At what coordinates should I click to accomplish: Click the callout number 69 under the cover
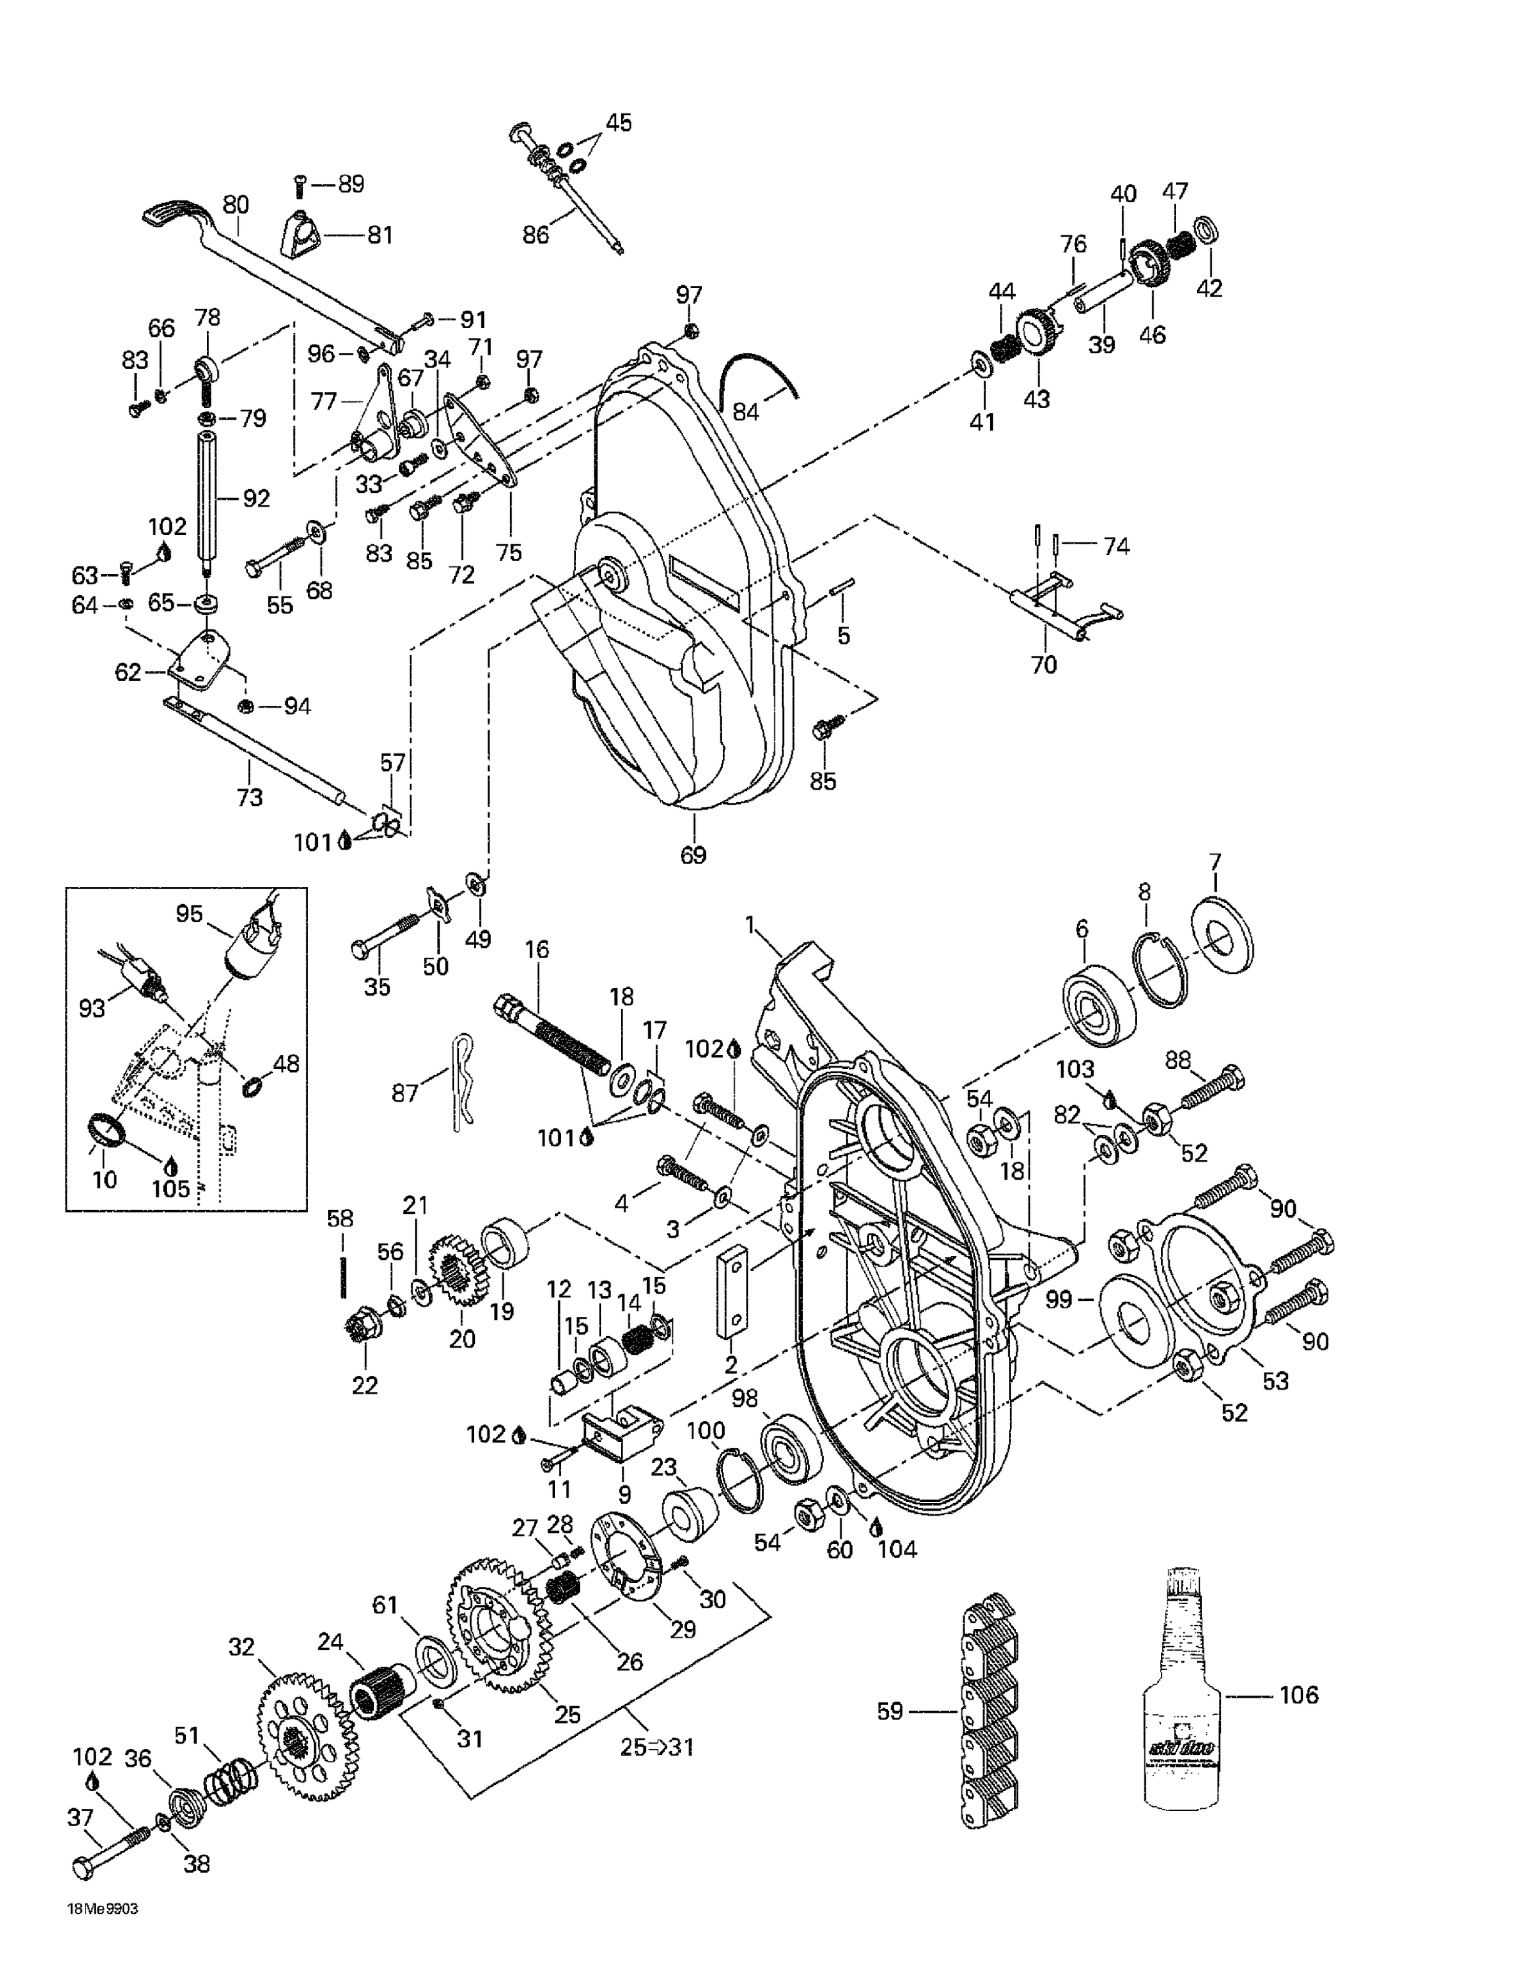point(693,855)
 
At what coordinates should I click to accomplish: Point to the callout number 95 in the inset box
point(189,913)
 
